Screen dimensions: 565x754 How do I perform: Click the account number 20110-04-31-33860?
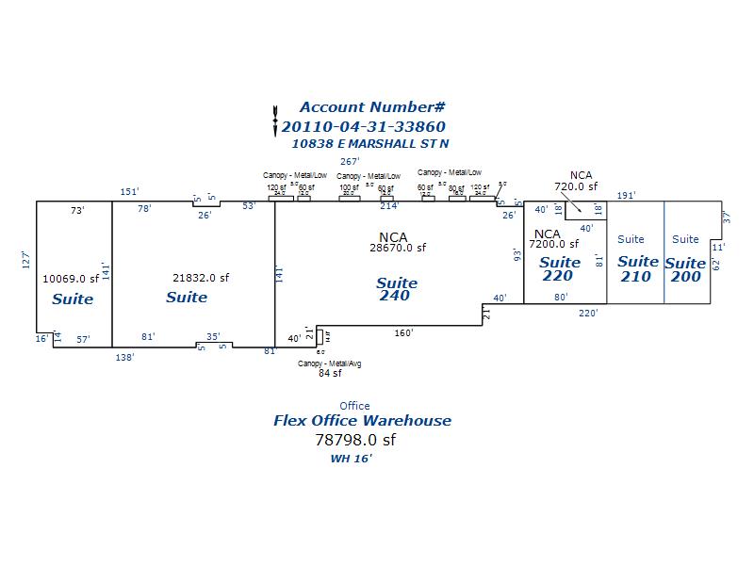click(363, 126)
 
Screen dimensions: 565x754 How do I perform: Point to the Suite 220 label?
click(559, 269)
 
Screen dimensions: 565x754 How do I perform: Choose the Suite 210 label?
click(637, 268)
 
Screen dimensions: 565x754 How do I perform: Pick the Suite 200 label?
click(684, 268)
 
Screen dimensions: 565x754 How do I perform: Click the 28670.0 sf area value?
click(398, 248)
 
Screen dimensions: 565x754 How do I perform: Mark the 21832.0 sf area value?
click(201, 277)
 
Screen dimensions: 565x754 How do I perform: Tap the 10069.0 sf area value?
click(72, 279)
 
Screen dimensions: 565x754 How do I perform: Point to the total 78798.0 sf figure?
click(354, 440)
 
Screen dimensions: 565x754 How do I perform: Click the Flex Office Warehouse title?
click(362, 421)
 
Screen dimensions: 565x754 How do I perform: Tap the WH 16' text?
click(351, 460)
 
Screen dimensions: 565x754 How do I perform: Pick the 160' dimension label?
click(403, 332)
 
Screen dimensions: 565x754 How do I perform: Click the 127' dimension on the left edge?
click(27, 261)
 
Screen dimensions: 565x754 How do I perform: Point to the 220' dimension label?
click(588, 314)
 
